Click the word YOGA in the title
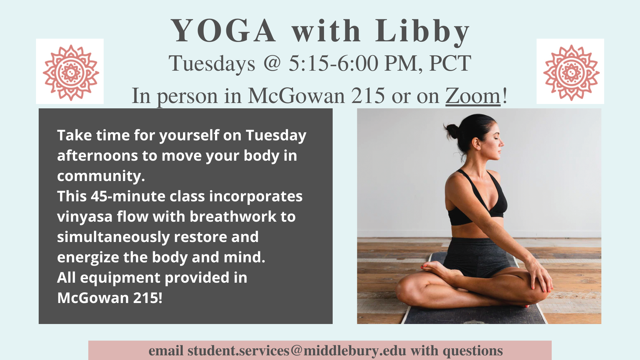coord(223,31)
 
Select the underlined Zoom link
coord(473,96)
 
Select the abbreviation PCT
coord(450,63)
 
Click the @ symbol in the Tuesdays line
coord(272,63)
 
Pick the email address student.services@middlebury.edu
coord(297,351)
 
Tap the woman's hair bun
coord(452,131)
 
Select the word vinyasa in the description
coord(85,217)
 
